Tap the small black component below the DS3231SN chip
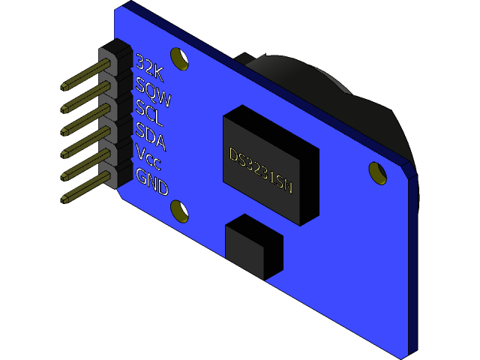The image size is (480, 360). coord(253,245)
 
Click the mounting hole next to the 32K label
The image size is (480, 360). coord(179,58)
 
